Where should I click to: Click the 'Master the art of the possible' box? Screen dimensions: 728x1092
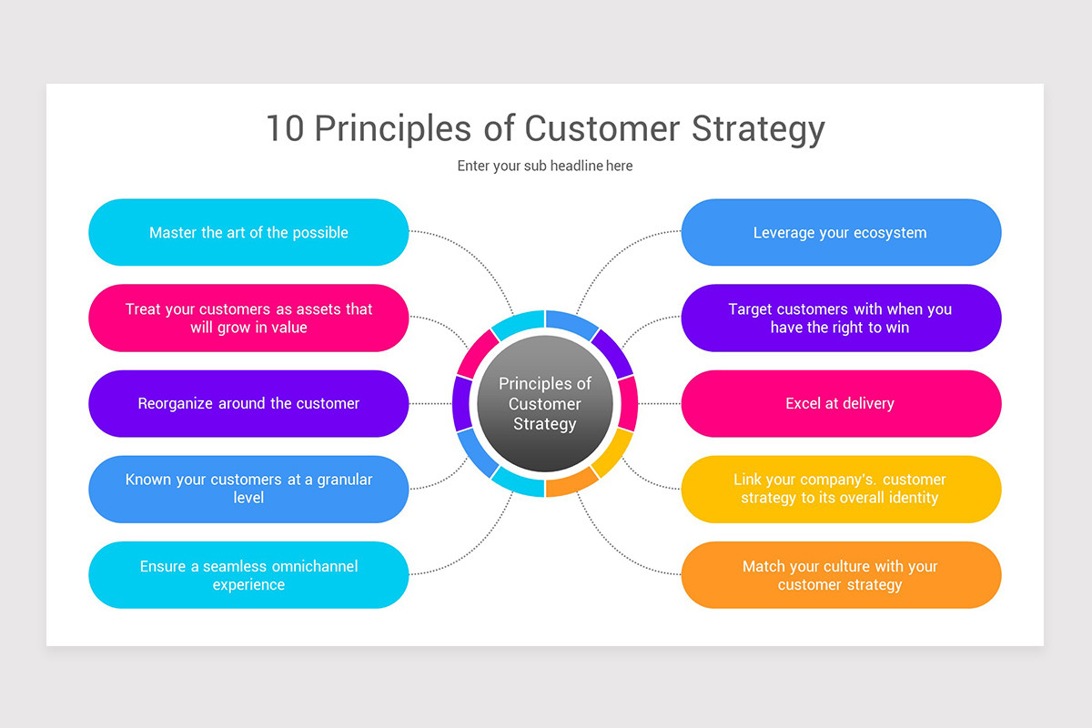(248, 232)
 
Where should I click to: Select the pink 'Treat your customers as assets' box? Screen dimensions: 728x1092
(248, 318)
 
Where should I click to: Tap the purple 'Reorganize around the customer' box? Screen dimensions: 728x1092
(248, 403)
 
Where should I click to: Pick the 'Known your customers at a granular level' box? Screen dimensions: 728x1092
(248, 489)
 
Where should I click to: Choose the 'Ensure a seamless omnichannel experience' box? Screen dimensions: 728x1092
(248, 575)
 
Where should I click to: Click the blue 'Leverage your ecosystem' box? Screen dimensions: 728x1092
(841, 232)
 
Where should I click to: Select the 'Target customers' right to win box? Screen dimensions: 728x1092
(841, 318)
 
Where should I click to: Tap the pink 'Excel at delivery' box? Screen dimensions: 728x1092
(841, 403)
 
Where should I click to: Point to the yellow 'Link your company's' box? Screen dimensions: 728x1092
(841, 489)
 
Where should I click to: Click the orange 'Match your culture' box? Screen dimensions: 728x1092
(841, 575)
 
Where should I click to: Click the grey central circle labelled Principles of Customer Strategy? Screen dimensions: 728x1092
(545, 403)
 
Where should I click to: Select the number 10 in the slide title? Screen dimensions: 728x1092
(285, 128)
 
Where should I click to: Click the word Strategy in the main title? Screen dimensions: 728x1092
(757, 128)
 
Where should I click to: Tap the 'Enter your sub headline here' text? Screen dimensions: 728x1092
(545, 166)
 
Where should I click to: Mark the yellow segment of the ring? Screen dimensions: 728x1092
(612, 451)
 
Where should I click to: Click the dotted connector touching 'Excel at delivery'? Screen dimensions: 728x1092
(660, 403)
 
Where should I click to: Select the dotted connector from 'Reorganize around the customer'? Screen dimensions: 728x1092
(430, 403)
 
